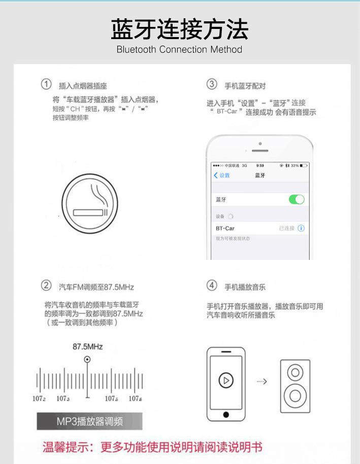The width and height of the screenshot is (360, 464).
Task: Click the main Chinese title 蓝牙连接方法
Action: [180, 29]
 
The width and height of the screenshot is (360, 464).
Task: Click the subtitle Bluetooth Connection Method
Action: [179, 50]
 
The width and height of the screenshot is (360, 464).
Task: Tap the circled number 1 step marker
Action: [46, 84]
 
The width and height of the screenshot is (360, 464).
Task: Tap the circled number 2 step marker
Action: [46, 286]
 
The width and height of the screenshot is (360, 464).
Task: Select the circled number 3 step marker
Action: [212, 84]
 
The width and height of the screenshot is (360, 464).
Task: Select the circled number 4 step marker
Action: [212, 286]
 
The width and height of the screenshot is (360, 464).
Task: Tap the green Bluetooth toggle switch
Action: [297, 200]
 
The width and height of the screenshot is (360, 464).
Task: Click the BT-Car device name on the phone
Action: [225, 228]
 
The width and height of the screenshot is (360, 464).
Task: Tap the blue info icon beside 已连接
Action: [301, 228]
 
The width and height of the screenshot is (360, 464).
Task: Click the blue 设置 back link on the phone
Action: [222, 175]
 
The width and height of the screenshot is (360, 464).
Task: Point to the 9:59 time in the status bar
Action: [260, 165]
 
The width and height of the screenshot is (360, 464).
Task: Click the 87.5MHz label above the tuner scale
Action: [87, 347]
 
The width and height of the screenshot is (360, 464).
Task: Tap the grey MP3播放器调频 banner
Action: [89, 421]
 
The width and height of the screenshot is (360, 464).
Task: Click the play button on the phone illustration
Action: [226, 380]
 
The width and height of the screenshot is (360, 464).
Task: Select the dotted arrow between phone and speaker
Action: [262, 381]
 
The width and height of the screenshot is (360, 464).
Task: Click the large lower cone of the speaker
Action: [295, 394]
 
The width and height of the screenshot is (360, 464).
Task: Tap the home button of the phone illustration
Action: [226, 415]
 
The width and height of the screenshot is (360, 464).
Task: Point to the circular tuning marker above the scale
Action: [87, 359]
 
